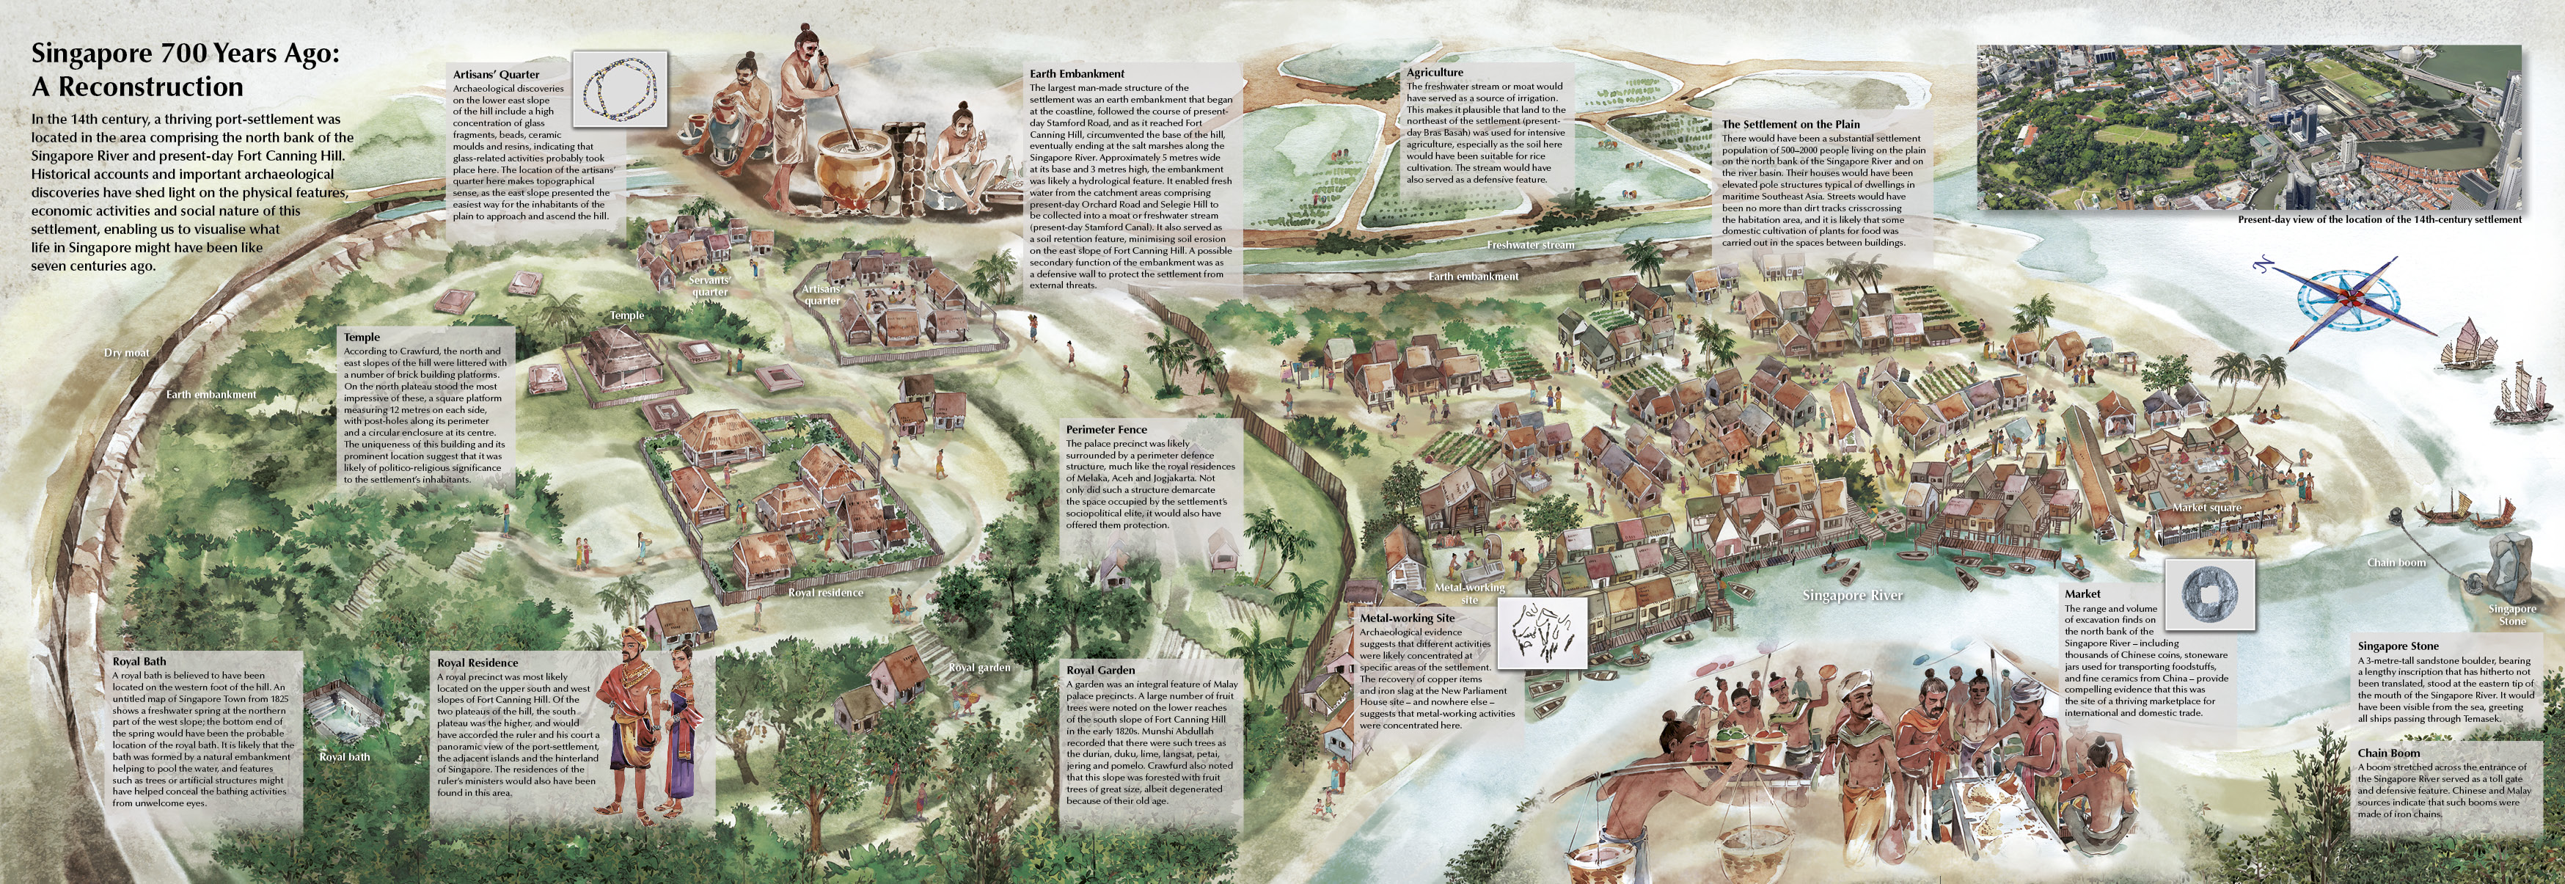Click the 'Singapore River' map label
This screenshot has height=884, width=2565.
(1852, 595)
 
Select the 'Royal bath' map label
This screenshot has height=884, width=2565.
(345, 756)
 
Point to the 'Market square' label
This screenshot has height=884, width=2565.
(2206, 508)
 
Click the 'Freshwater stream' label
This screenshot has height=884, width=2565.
(1531, 245)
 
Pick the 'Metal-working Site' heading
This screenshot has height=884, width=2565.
(1407, 618)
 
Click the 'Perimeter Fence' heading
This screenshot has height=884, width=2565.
(1106, 430)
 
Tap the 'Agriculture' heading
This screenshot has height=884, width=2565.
(1435, 73)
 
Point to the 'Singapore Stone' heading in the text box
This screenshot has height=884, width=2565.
(2398, 646)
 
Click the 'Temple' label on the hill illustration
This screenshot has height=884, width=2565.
(626, 315)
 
